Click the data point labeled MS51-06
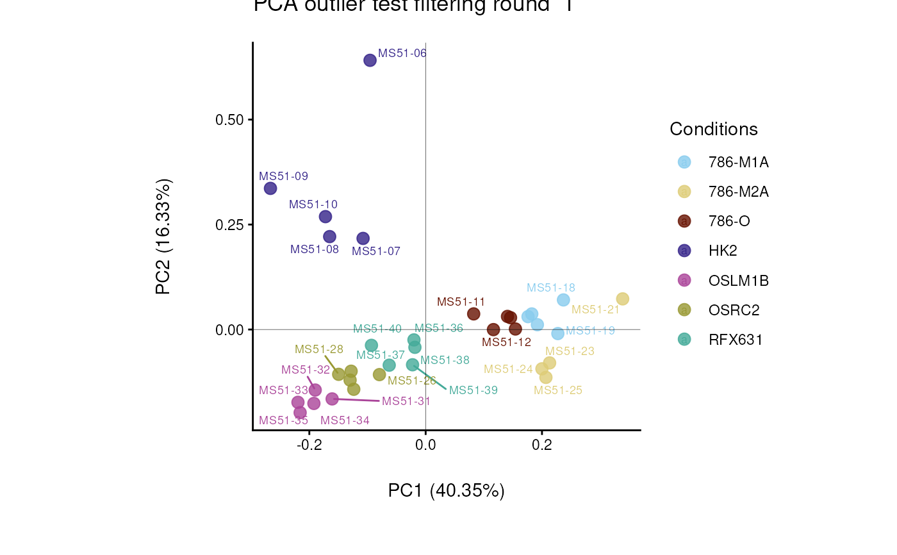tap(370, 60)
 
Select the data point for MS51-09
tap(270, 188)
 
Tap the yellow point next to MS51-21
tap(622, 299)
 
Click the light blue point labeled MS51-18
tap(563, 300)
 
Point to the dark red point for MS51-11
tap(473, 314)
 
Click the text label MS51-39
tap(473, 390)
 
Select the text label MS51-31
tap(406, 401)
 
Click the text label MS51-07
tap(376, 251)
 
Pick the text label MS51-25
tap(558, 390)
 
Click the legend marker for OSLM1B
tap(684, 280)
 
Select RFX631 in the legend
tap(736, 340)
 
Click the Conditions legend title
tap(714, 129)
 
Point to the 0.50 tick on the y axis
tap(229, 120)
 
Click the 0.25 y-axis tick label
tap(229, 224)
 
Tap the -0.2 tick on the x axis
tap(309, 445)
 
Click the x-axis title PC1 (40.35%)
tap(447, 491)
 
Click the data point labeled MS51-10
tap(325, 217)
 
